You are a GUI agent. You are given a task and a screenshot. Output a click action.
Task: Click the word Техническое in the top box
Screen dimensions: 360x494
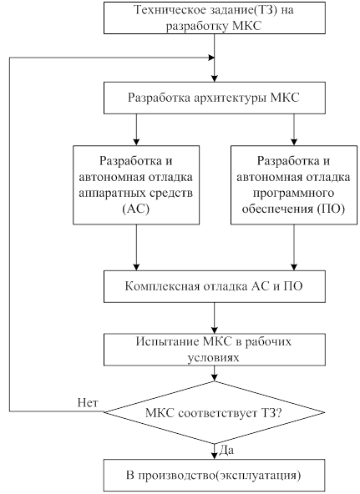[169, 10]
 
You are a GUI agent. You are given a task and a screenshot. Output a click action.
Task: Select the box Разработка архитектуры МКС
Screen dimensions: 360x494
[215, 98]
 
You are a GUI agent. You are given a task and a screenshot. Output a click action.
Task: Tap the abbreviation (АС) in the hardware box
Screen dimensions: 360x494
[136, 209]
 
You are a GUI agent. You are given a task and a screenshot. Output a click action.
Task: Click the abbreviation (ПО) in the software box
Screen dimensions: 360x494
[331, 209]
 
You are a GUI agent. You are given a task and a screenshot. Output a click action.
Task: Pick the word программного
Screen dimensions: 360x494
[293, 193]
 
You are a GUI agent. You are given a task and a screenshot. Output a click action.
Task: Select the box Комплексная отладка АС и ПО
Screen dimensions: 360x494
[215, 287]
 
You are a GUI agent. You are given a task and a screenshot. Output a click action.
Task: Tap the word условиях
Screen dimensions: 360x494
[213, 358]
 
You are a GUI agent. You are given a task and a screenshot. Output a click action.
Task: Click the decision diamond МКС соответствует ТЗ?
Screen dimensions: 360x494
[215, 412]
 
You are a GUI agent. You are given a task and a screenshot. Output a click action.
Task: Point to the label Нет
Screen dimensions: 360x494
[88, 403]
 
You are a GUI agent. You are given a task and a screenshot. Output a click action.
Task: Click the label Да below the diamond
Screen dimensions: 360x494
[226, 450]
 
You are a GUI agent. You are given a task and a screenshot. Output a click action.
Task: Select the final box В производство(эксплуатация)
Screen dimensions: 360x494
[215, 475]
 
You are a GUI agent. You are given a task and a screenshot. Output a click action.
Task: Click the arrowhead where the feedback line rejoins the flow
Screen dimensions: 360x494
[211, 58]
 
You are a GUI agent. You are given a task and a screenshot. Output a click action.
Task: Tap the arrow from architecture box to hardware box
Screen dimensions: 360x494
[136, 129]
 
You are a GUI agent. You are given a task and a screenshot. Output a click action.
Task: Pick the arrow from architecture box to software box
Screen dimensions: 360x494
[294, 129]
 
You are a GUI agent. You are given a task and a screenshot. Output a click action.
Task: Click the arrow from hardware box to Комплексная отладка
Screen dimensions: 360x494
[136, 248]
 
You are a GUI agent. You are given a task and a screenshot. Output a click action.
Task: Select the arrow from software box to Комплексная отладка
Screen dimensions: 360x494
[294, 248]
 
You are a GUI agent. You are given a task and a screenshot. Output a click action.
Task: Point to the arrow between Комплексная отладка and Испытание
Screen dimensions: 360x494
[215, 318]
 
